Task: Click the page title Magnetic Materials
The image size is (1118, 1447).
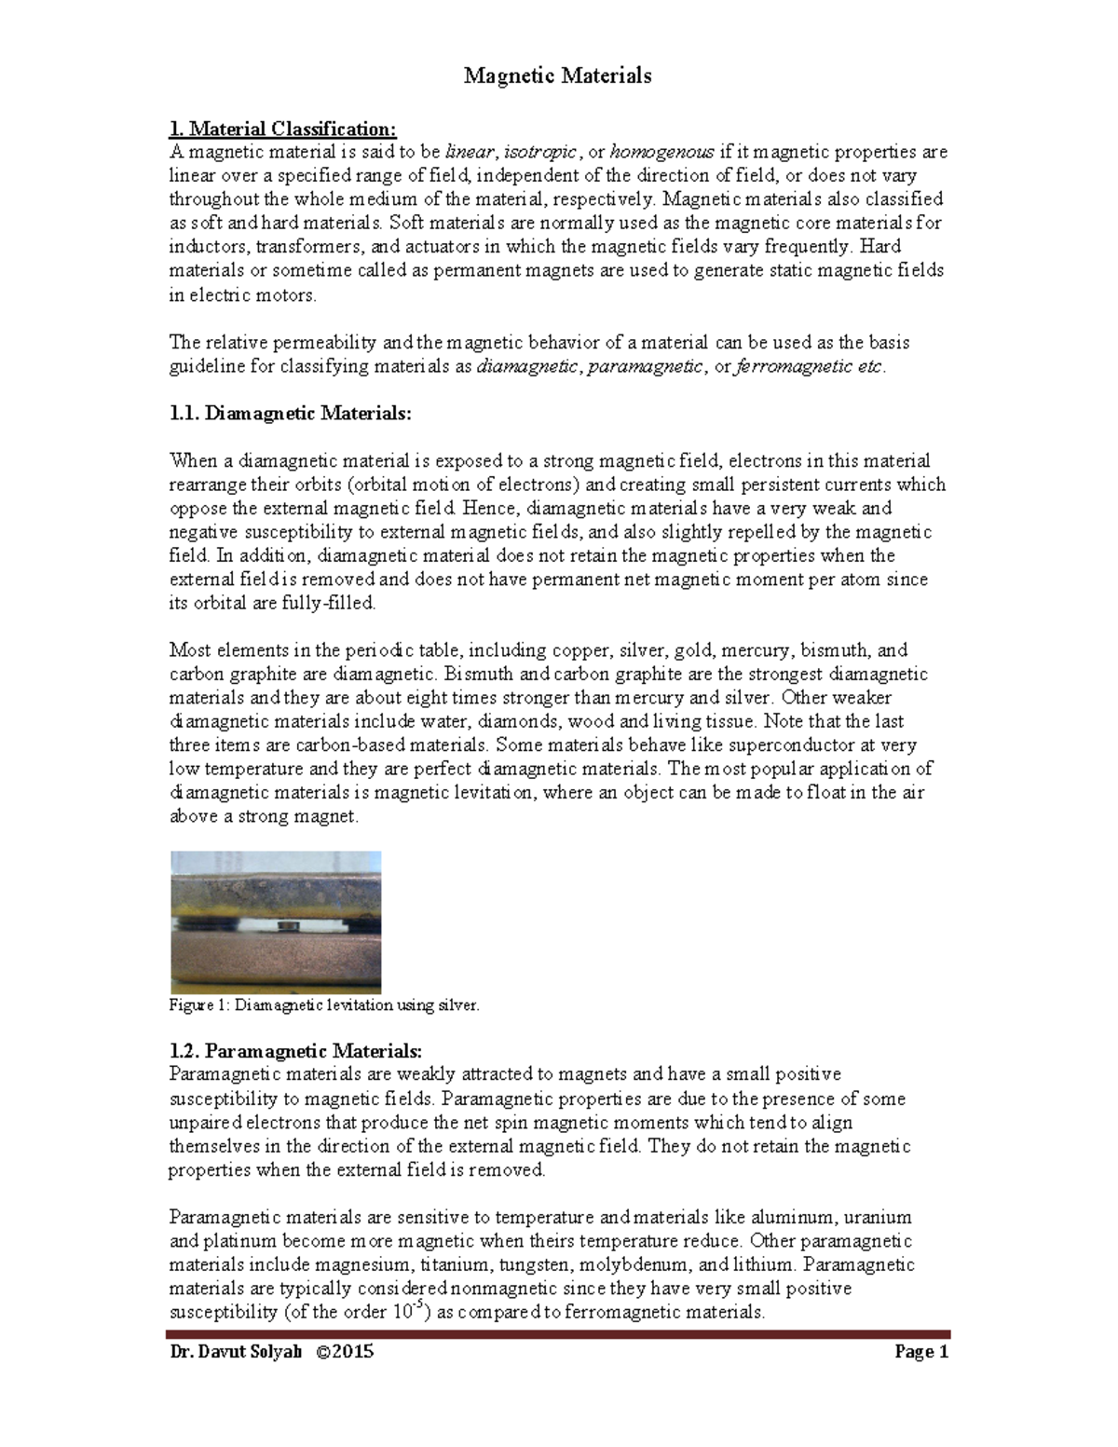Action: pos(557,75)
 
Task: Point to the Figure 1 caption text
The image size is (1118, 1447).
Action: pos(323,1005)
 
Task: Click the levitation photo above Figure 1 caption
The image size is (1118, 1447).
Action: pos(276,921)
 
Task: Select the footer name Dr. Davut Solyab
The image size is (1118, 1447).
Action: pos(236,1351)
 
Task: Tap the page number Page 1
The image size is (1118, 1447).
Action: pos(920,1351)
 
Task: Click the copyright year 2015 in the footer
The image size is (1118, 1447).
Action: pos(355,1351)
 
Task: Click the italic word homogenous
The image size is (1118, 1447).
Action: pos(661,152)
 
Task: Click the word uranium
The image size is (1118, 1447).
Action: pos(878,1217)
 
